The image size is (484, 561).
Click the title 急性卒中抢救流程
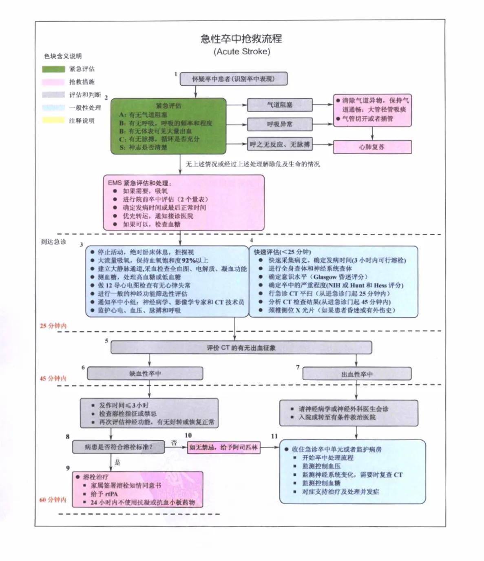click(x=241, y=39)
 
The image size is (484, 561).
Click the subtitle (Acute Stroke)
click(x=241, y=51)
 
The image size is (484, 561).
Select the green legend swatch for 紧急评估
click(x=53, y=69)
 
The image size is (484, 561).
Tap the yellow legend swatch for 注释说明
click(x=53, y=120)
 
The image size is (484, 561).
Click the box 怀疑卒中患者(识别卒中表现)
click(x=234, y=79)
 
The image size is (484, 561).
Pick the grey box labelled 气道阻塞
click(x=280, y=105)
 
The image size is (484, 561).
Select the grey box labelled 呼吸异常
click(x=280, y=124)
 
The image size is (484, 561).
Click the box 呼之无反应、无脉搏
click(x=280, y=144)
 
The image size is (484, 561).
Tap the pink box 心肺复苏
click(x=372, y=147)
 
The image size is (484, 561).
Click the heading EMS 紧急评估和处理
click(x=140, y=183)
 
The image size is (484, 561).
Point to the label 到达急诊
click(x=53, y=242)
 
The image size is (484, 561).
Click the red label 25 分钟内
click(x=53, y=326)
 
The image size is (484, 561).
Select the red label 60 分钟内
click(x=53, y=499)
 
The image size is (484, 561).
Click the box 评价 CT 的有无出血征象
click(x=241, y=348)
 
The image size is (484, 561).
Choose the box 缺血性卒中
click(x=145, y=373)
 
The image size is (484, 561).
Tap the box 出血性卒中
click(x=357, y=374)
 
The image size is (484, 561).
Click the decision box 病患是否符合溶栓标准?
click(x=118, y=447)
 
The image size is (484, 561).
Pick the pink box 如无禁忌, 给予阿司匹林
click(x=224, y=447)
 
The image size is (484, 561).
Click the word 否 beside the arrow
click(x=174, y=443)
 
